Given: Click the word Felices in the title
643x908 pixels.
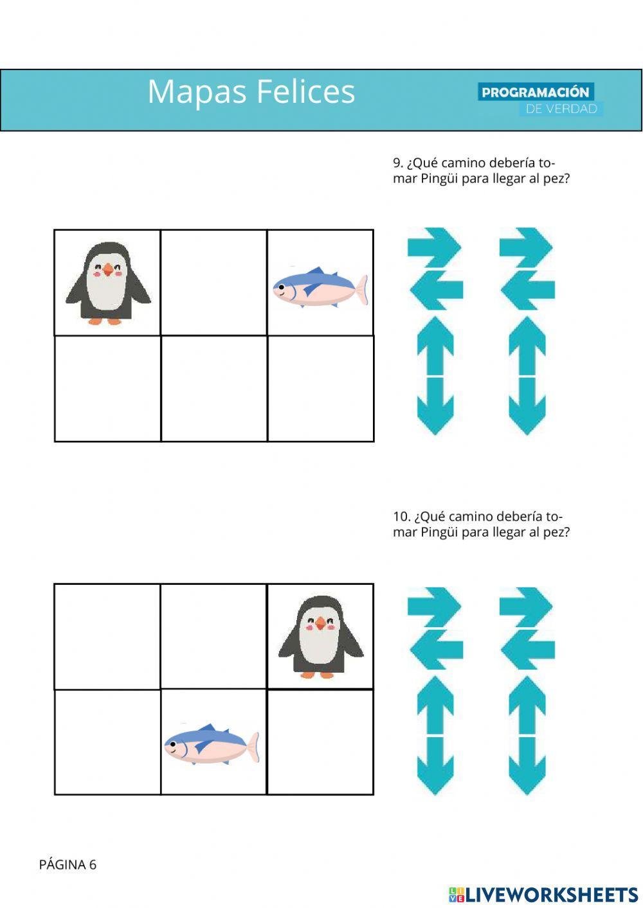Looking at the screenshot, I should click(305, 91).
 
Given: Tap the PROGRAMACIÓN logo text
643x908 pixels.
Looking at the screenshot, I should click(535, 92).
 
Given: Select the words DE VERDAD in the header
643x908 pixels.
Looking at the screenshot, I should click(561, 109).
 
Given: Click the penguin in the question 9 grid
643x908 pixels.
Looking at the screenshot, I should click(108, 283).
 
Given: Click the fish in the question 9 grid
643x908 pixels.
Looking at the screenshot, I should click(320, 287).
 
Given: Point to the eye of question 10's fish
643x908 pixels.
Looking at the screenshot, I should click(172, 746).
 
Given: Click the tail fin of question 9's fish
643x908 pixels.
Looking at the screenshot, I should click(361, 290).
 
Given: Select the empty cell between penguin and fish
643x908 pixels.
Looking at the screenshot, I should click(213, 283).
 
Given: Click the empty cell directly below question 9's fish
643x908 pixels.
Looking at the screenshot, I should click(320, 389).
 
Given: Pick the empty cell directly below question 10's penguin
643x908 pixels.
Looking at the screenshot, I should click(320, 742).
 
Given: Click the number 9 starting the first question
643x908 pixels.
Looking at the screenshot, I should click(397, 163).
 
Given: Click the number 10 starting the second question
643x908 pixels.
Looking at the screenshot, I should click(401, 517).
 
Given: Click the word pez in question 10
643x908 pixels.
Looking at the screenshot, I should click(555, 532).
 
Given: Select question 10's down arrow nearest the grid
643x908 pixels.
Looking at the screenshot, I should click(435, 766).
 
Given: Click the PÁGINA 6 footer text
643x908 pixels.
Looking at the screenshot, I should click(68, 865).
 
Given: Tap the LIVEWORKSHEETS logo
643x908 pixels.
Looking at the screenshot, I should click(543, 895).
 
